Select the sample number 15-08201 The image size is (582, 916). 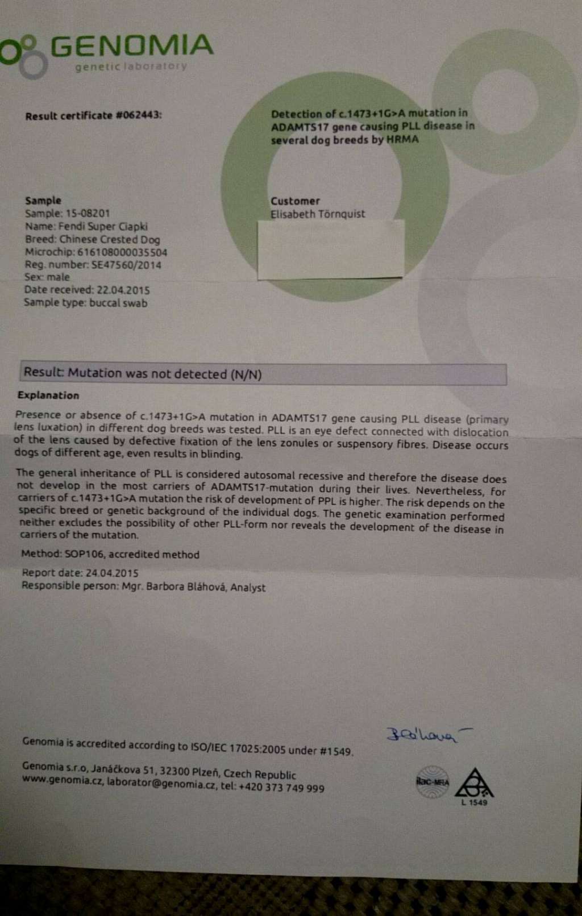coord(87,214)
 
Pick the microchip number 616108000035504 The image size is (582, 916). coord(122,252)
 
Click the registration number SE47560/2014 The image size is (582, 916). coord(126,265)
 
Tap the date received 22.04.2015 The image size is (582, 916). coord(123,290)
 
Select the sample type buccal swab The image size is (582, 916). coord(118,303)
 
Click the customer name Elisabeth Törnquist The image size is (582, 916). coord(318,214)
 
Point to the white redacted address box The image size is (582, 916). coord(331,249)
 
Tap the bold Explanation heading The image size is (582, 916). coord(48,395)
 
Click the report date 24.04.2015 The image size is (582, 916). coord(112,573)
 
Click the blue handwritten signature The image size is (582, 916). coord(423,735)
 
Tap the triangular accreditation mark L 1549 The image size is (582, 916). coord(475,786)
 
